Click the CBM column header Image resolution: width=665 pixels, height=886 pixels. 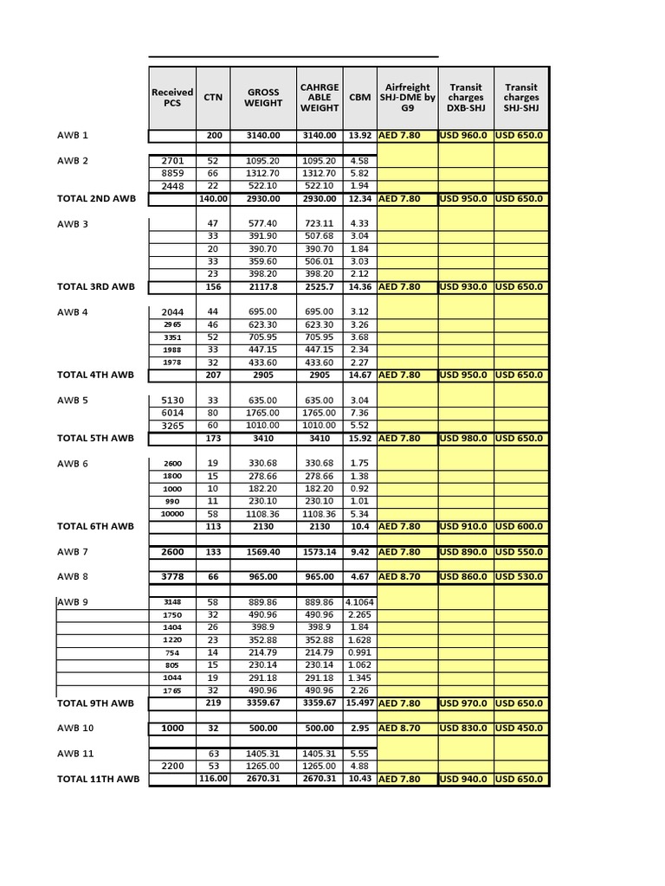point(359,98)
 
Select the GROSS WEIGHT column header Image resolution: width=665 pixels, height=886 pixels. point(263,98)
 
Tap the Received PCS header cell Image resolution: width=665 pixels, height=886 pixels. point(172,98)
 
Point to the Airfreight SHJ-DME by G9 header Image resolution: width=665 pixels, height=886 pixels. point(407,98)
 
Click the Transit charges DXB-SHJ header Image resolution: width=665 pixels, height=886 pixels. point(466,98)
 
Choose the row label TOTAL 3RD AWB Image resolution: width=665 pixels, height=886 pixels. point(96,286)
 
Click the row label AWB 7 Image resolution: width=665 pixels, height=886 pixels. point(73,552)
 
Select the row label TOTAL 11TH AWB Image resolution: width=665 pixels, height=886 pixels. point(98,779)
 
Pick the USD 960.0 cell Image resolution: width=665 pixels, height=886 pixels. point(465,136)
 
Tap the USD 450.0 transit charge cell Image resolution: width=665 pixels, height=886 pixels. point(521,729)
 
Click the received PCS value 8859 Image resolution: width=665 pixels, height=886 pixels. point(172,173)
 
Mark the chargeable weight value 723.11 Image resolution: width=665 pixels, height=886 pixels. point(320,223)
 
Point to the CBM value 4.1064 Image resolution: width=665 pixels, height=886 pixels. point(359,601)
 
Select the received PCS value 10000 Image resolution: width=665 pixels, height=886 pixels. point(172,513)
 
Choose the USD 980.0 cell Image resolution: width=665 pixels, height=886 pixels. point(465,438)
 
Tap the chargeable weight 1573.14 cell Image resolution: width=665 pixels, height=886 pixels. point(320,552)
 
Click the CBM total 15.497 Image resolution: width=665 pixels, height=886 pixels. point(359,703)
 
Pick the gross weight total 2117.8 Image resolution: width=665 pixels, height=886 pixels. point(263,286)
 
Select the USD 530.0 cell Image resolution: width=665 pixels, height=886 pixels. point(521,576)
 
